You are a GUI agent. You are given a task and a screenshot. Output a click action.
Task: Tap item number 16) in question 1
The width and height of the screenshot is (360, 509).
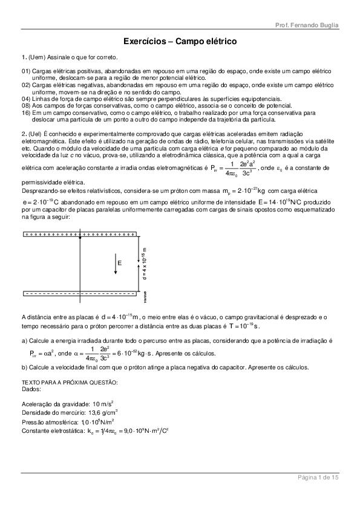coord(26,112)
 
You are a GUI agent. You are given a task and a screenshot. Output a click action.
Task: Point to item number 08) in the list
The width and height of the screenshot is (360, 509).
coord(26,105)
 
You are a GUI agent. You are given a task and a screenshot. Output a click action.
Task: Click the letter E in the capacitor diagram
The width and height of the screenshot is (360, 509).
coord(120,263)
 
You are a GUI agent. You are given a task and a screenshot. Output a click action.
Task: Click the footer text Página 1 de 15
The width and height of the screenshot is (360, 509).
coord(317,478)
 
